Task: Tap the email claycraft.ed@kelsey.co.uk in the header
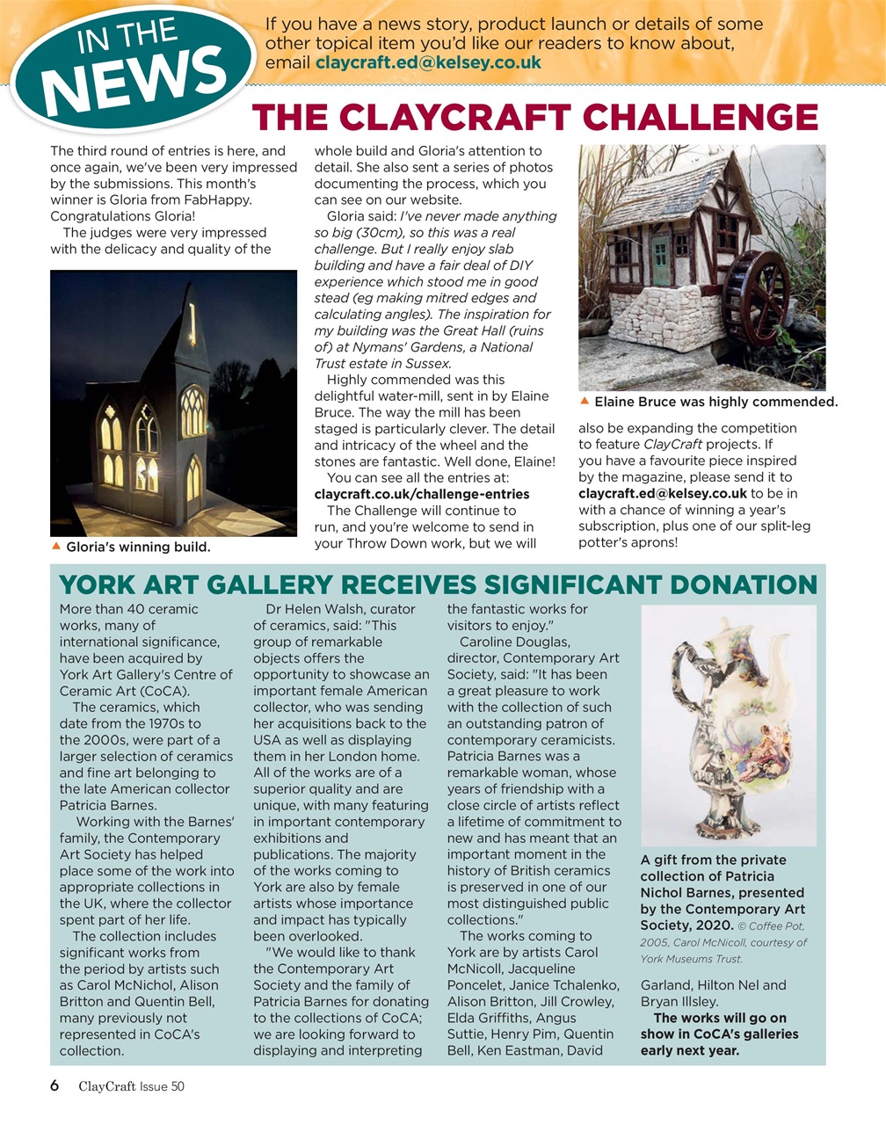[428, 63]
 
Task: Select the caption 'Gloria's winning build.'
[138, 548]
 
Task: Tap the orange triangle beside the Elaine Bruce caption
[585, 402]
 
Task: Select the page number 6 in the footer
[54, 1086]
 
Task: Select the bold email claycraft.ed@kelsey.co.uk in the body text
[662, 494]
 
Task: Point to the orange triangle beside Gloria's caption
[56, 547]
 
